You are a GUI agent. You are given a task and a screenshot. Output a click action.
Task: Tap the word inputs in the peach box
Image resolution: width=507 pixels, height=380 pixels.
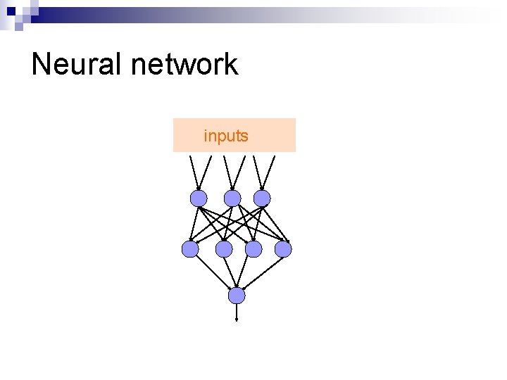coord(226,136)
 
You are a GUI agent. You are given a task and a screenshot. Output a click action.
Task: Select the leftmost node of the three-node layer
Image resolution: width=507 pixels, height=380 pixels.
coord(199,198)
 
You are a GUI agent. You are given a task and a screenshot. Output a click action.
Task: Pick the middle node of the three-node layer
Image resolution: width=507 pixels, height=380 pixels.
coord(232,198)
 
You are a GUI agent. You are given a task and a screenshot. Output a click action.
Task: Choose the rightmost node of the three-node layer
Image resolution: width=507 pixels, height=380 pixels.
coord(262,198)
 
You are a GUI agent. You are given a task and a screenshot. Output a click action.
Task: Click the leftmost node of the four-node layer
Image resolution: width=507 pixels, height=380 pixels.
coord(190,249)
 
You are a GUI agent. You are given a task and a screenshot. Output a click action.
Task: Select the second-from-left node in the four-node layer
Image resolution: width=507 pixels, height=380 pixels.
coord(224,249)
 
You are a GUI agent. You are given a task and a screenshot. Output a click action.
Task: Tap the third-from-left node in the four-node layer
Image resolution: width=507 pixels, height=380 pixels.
coord(254,249)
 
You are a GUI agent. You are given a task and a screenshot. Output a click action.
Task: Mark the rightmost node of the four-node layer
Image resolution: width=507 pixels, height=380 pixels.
coord(283,249)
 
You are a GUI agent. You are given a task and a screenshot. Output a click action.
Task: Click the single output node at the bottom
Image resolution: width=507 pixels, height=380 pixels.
coord(237,296)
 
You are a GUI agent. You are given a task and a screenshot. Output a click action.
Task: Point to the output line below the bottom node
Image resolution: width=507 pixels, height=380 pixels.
coord(237,311)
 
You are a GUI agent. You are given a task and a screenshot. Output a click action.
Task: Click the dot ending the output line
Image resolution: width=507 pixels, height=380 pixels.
coord(237,319)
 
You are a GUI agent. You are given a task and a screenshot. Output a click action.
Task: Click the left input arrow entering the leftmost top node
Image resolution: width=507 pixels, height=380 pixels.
coord(193,172)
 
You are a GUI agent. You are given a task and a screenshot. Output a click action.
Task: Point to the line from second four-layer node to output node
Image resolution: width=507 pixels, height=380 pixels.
coord(230,271)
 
